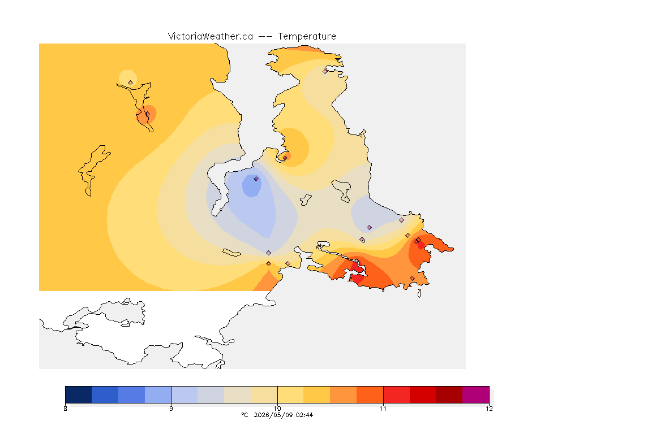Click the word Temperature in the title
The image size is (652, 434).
[307, 37]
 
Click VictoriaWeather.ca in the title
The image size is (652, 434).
[211, 37]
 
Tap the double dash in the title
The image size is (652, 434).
[265, 37]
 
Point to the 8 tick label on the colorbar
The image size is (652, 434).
[65, 409]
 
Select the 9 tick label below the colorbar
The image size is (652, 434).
[171, 409]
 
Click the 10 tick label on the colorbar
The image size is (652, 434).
[277, 409]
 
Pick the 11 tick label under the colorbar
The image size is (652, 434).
[383, 409]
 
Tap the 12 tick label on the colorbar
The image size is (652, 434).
[489, 409]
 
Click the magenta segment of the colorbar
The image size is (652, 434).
[475, 394]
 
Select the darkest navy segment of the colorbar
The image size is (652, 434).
[79, 394]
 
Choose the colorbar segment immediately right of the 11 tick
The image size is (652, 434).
[396, 394]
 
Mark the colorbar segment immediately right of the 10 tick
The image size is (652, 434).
[291, 394]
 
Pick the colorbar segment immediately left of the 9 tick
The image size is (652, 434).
[158, 394]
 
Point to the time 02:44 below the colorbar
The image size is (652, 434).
[304, 415]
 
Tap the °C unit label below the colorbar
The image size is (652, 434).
[244, 415]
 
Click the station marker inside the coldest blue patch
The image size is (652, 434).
[256, 179]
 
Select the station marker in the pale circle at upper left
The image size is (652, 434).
[131, 83]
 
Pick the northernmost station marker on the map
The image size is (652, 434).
[325, 71]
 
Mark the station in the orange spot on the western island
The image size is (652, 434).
[147, 114]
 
